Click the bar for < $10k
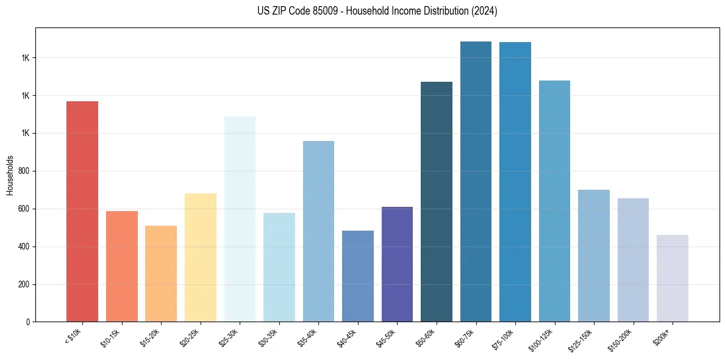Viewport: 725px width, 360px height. [82, 211]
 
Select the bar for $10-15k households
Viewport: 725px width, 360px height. [121, 266]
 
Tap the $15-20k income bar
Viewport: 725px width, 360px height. [161, 273]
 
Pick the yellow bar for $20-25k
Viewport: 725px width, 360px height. [201, 257]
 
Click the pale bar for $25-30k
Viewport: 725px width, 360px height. [240, 219]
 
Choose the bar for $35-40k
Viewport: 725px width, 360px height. [318, 231]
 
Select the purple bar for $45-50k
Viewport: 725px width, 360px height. [397, 264]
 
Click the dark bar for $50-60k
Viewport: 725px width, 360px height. [437, 201]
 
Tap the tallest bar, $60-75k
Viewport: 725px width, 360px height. [476, 181]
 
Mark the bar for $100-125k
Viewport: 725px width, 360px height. [554, 201]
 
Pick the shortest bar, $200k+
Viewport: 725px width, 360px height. [673, 278]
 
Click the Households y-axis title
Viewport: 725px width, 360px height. [10, 175]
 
